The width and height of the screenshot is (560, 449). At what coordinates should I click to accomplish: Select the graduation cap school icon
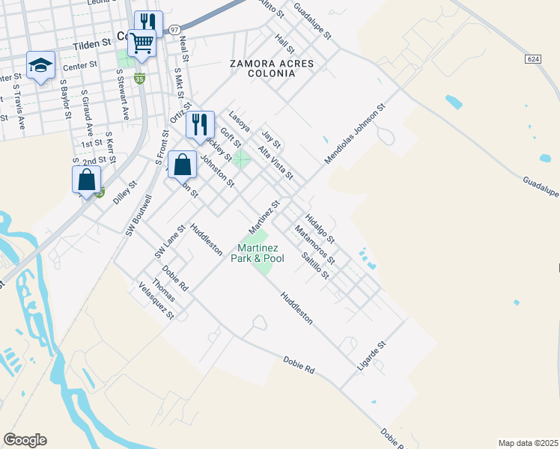click(40, 65)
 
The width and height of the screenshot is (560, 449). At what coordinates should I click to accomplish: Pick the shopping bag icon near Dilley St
click(87, 180)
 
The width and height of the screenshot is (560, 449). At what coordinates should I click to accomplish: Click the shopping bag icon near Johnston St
click(182, 164)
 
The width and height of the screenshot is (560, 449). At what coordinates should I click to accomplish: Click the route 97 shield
click(174, 29)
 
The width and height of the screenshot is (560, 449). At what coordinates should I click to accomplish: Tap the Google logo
click(25, 440)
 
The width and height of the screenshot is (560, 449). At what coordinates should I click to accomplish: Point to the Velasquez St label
click(156, 301)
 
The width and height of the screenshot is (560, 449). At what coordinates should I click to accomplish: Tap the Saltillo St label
click(314, 264)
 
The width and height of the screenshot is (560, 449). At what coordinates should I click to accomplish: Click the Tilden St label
click(92, 46)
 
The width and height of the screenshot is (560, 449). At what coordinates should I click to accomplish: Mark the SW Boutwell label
click(139, 216)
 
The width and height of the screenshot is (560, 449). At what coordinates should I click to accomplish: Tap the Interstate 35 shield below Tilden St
click(139, 77)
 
